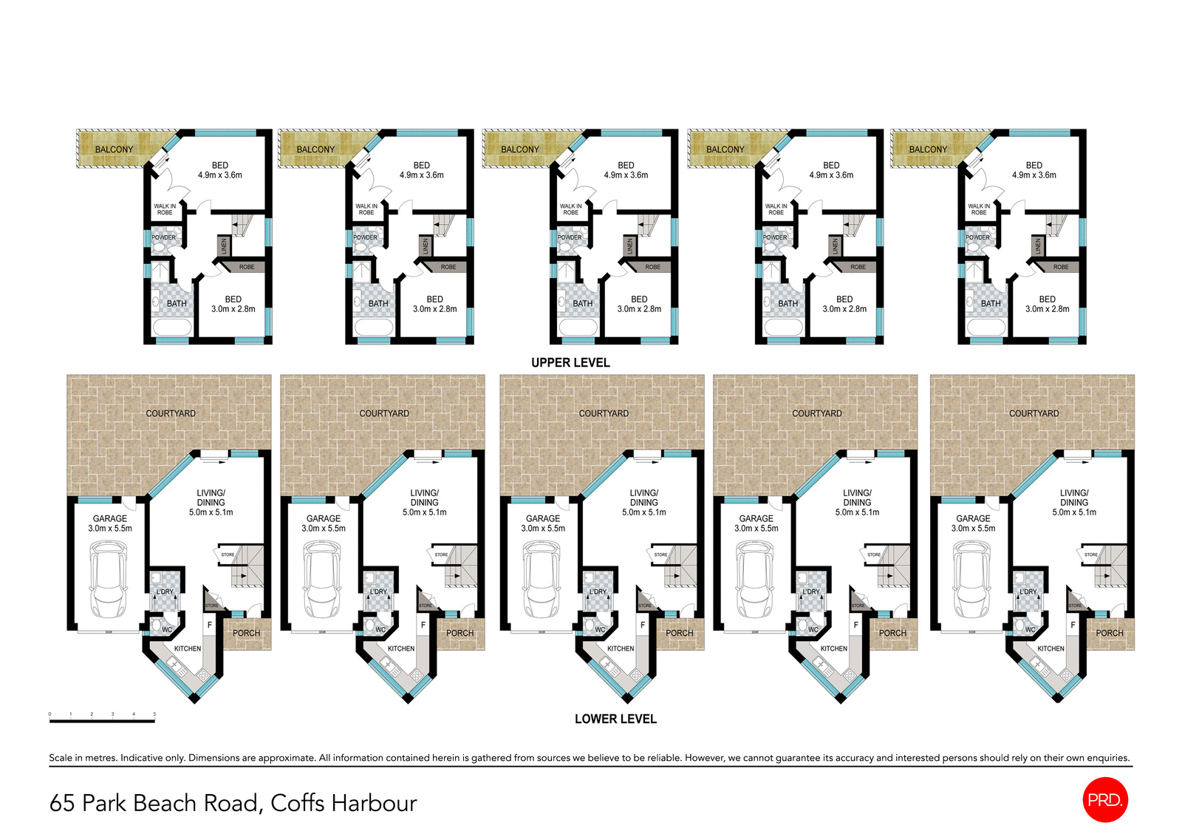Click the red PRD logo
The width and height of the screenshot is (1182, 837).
[x=1104, y=799]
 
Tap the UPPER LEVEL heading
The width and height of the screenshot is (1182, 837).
[x=570, y=362]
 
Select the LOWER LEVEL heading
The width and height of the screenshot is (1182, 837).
[x=615, y=719]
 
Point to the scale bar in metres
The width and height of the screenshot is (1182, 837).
[x=102, y=720]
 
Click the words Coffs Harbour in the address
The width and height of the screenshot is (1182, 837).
[x=344, y=803]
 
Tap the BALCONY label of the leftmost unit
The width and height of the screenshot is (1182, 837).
[x=114, y=149]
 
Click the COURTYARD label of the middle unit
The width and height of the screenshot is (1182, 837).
[x=604, y=413]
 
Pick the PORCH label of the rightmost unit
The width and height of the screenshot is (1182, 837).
[x=1109, y=633]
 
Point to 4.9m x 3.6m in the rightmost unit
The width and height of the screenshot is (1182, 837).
[x=1034, y=175]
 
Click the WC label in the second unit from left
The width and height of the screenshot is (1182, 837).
[x=380, y=630]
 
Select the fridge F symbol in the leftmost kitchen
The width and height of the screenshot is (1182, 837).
[x=210, y=625]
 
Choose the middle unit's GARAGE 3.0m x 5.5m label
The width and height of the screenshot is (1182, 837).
[x=543, y=523]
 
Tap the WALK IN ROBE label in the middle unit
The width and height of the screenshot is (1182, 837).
[x=570, y=209]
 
